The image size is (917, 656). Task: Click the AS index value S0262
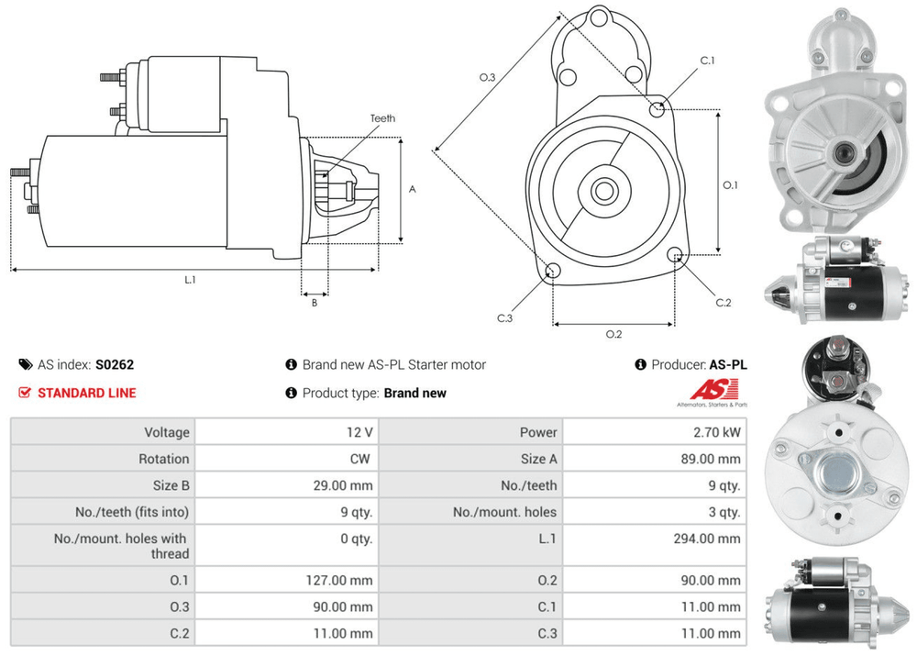coord(115,364)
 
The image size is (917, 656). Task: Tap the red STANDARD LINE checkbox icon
coord(25,393)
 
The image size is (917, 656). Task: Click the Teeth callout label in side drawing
coord(382,118)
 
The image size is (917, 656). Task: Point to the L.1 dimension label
coord(190,280)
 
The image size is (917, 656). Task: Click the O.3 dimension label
coord(487,77)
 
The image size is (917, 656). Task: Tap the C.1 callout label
coord(707,61)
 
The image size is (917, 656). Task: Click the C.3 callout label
coord(504,318)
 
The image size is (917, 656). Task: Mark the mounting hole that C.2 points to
coord(676,255)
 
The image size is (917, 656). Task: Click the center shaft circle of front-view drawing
coord(603,191)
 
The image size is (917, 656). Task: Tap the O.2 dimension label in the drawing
coord(614,334)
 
